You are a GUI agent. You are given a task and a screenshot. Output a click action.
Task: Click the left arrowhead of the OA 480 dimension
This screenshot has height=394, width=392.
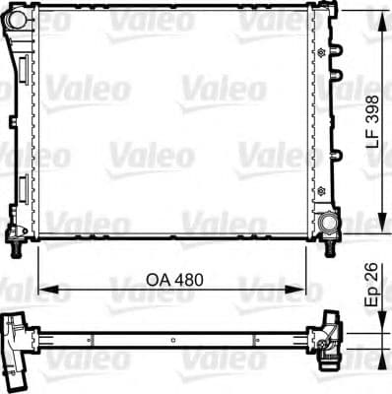click(44, 289)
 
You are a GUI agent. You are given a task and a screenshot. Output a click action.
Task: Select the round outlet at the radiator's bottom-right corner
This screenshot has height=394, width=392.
click(326, 224)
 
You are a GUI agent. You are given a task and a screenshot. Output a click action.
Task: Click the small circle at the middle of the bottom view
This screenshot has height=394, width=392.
click(174, 342)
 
